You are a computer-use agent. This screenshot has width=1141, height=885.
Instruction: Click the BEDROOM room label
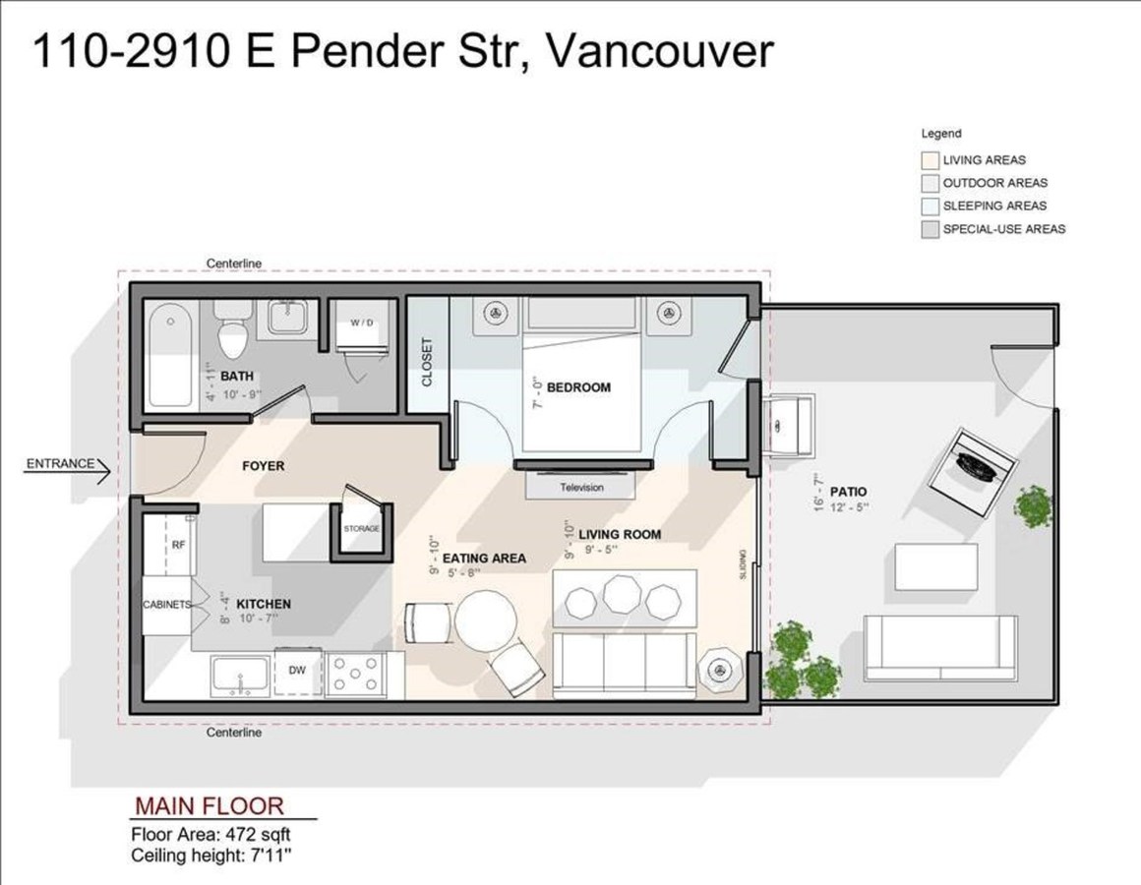coord(578,387)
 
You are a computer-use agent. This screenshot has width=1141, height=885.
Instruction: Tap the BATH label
coord(237,376)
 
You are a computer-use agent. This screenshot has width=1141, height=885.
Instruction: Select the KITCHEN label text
coord(264,604)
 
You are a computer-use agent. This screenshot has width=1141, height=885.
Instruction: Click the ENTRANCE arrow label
coord(60,463)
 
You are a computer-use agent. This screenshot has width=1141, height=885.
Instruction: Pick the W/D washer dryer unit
coord(362,324)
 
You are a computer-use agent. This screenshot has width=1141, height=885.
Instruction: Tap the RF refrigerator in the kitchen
coord(178,544)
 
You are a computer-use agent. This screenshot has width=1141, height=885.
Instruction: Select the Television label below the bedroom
coord(581,487)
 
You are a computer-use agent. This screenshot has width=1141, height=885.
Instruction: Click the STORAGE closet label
coord(361,529)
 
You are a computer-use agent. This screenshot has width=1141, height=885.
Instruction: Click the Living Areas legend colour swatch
coord(930,159)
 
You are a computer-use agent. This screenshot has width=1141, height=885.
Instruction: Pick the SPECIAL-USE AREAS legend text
coord(1003,229)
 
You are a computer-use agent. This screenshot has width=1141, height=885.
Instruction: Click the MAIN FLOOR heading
coord(209,806)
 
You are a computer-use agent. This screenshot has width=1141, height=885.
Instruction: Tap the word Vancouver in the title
coord(658,51)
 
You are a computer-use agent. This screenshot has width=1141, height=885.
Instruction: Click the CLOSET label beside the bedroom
coord(427,362)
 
